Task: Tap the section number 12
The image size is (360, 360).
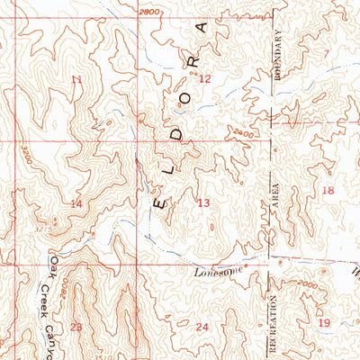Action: (204, 79)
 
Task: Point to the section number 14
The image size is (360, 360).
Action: (76, 204)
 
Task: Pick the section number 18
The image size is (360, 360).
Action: (328, 191)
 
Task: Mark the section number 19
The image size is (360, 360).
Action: (324, 321)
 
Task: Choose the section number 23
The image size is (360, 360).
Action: (76, 327)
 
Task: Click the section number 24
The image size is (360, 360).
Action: (202, 327)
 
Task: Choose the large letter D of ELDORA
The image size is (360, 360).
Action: (177, 133)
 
